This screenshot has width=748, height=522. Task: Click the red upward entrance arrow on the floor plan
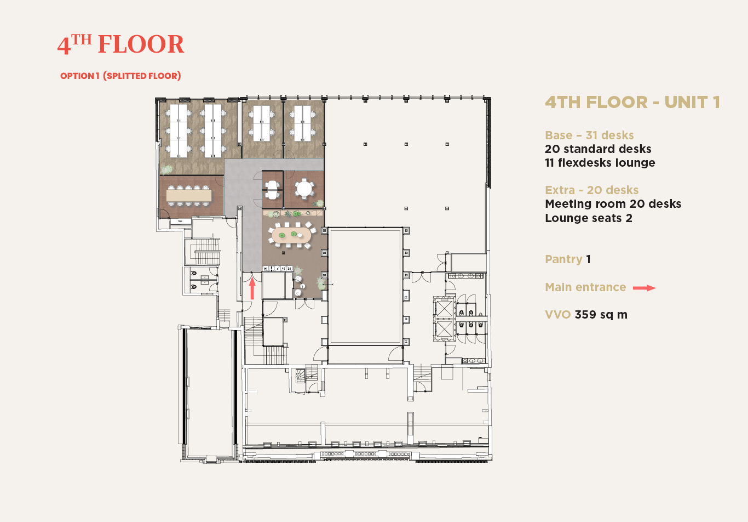tap(252, 288)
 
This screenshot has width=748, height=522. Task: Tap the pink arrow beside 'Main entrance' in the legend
tap(644, 288)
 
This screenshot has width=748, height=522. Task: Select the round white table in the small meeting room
tap(304, 189)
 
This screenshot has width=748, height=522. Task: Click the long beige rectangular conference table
tap(189, 195)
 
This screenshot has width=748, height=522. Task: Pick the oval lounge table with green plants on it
tap(291, 235)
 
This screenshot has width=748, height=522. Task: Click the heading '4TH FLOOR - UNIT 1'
tap(632, 103)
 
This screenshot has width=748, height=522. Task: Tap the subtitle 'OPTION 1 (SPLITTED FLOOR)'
tap(120, 76)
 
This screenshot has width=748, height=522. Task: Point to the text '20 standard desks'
tap(598, 149)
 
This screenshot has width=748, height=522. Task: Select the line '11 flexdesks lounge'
tap(600, 163)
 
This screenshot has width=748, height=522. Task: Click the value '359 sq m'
tap(601, 315)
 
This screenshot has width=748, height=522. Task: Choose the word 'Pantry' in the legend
tap(563, 259)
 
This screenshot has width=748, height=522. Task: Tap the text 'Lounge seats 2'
tap(589, 218)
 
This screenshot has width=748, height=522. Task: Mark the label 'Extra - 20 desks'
tap(592, 190)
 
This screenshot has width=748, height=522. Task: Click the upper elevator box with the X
tap(444, 308)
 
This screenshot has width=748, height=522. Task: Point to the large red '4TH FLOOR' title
tap(120, 44)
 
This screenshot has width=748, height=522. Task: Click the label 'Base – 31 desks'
tap(589, 135)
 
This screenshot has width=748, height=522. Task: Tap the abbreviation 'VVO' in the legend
tap(557, 315)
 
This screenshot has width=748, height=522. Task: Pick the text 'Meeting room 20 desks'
tap(613, 204)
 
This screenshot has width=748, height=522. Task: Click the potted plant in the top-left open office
tap(166, 170)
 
